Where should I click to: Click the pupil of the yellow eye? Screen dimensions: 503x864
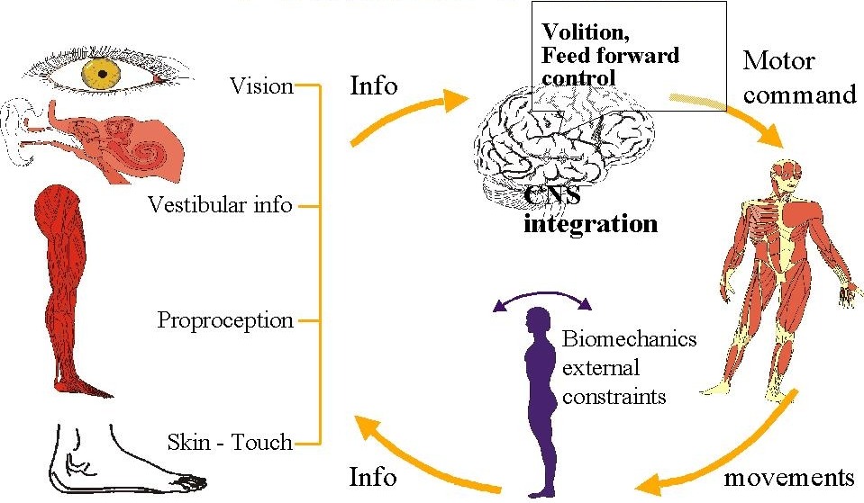click(102, 72)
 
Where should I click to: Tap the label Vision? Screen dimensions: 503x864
click(261, 86)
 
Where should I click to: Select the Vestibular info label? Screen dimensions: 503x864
click(220, 205)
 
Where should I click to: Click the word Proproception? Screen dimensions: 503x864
click(225, 319)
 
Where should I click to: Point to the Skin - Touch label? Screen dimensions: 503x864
click(230, 442)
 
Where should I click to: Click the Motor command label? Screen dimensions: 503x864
click(798, 77)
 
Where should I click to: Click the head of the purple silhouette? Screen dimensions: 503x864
click(541, 320)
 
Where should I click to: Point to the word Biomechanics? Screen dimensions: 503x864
click(629, 340)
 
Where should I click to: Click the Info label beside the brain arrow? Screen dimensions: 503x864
click(373, 85)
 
